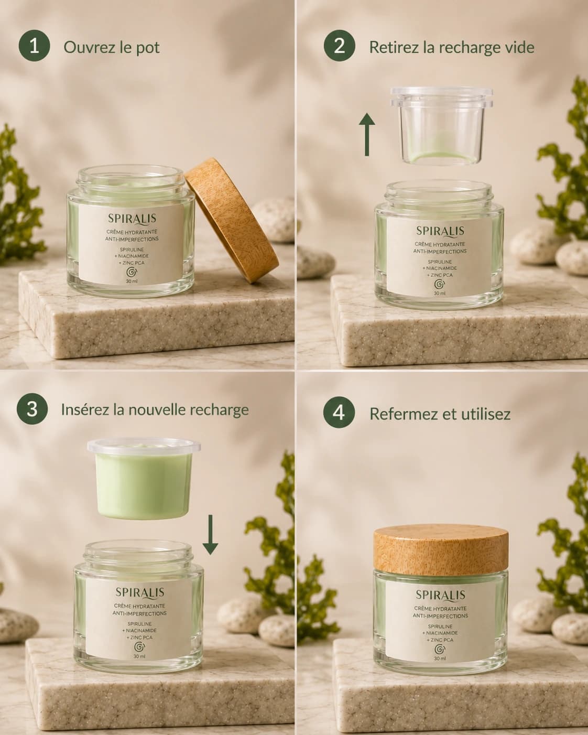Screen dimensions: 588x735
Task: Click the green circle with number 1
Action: click(x=34, y=46)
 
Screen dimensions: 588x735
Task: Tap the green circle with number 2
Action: click(x=340, y=46)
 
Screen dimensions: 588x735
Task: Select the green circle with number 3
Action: click(x=32, y=409)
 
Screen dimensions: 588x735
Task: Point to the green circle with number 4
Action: click(x=339, y=413)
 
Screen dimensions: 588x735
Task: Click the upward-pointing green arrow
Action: click(x=367, y=135)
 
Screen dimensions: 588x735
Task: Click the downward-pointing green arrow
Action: click(x=210, y=535)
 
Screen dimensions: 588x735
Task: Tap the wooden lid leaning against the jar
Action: click(x=232, y=220)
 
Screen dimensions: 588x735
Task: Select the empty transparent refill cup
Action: click(x=441, y=125)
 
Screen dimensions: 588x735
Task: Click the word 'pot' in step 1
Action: click(x=148, y=48)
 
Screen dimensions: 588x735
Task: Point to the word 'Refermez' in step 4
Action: click(x=402, y=414)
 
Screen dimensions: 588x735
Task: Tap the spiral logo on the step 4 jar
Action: click(x=440, y=649)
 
